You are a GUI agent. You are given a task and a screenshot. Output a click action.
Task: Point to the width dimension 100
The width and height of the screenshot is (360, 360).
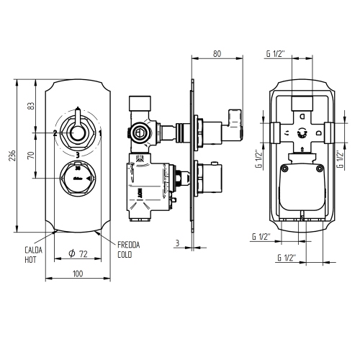point(77,274)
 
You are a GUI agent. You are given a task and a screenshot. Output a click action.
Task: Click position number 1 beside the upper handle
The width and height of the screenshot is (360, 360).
point(100,133)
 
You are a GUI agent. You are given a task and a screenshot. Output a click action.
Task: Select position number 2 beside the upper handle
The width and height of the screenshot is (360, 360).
point(55,133)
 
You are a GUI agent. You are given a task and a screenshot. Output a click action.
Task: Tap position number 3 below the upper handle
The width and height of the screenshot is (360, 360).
point(77,155)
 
